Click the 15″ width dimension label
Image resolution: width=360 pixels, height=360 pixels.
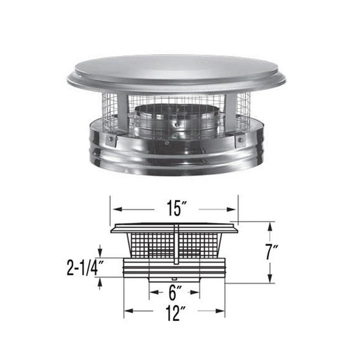(174, 209)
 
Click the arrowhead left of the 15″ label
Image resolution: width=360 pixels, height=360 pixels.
(113, 209)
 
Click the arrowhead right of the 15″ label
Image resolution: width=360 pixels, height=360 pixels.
(234, 209)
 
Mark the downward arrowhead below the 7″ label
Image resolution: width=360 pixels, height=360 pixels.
(271, 280)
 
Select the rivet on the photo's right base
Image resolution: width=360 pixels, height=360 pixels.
(240, 139)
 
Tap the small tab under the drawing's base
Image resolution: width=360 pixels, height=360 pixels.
(174, 278)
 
